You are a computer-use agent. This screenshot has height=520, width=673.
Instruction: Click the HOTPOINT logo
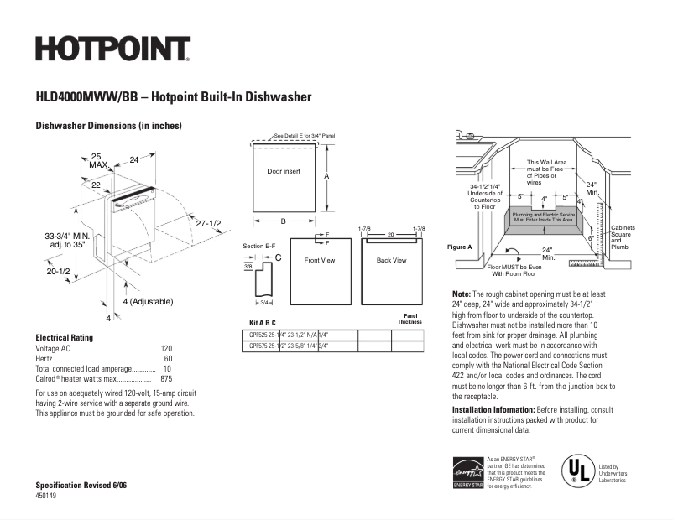point(112,49)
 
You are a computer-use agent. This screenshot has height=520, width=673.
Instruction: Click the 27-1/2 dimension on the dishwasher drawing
point(208,224)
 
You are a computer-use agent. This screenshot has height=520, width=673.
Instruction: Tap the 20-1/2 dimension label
point(58,271)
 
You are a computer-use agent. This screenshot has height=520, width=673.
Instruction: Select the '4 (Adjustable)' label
point(148,301)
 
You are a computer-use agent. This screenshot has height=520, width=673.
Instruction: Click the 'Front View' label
point(319,260)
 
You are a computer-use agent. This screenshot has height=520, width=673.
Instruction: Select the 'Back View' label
point(391,260)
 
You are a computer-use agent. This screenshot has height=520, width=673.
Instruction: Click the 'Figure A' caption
point(459,247)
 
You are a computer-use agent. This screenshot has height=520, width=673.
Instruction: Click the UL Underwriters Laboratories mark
point(575,471)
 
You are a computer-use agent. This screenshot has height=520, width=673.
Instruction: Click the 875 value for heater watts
point(165,378)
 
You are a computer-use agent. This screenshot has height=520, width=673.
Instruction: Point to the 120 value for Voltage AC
point(166,348)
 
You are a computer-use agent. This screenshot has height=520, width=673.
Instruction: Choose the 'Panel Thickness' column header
point(410,319)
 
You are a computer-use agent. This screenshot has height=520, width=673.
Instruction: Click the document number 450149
point(47,497)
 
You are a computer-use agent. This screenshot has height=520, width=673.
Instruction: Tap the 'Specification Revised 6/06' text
point(81,486)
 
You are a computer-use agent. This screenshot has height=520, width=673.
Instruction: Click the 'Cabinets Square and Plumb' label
point(623,237)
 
